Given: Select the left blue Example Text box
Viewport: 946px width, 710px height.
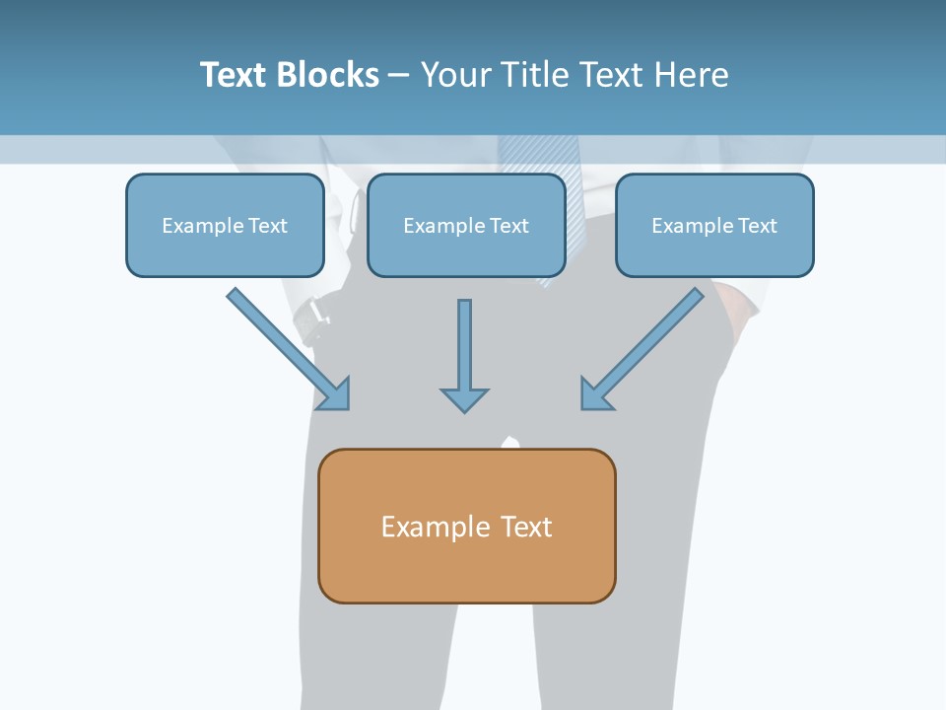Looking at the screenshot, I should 225,225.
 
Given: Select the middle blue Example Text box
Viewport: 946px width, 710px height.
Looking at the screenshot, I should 466,225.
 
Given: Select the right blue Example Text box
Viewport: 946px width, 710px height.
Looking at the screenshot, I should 714,225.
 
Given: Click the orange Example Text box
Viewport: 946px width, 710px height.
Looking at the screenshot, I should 467,526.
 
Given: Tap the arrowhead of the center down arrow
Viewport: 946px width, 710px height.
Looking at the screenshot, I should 464,399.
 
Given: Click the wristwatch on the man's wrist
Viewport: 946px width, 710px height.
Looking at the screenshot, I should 312,313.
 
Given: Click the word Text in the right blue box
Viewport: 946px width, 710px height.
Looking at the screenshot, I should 756,226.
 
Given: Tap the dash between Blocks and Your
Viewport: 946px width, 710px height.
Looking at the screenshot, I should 399,76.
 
